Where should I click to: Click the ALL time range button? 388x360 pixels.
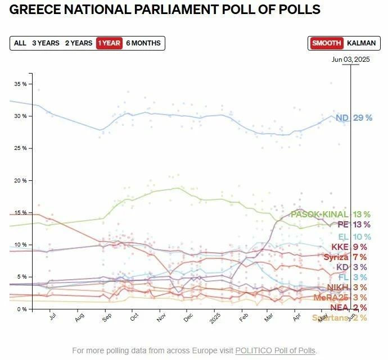click(x=20, y=43)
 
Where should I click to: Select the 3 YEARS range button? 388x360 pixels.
click(x=46, y=43)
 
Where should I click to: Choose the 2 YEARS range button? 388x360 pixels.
click(x=79, y=43)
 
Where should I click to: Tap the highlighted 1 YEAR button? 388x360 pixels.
click(x=109, y=43)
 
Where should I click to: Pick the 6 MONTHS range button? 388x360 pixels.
click(x=143, y=43)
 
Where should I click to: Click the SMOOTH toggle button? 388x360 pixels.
click(x=327, y=43)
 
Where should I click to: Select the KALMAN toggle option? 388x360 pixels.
click(x=362, y=43)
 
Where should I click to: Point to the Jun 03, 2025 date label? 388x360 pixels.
click(x=351, y=59)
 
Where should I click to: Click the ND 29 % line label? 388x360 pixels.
click(x=354, y=118)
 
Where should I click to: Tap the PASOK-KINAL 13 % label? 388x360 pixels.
click(x=330, y=215)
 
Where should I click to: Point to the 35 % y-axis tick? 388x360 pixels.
click(x=20, y=84)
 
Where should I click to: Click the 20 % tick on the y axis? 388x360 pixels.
click(x=20, y=180)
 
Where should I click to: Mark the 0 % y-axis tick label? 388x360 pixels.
click(x=21, y=309)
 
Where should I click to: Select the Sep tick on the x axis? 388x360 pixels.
click(x=106, y=317)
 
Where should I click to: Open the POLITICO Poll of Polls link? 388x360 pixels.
click(x=276, y=351)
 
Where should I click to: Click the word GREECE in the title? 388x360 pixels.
click(x=35, y=10)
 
